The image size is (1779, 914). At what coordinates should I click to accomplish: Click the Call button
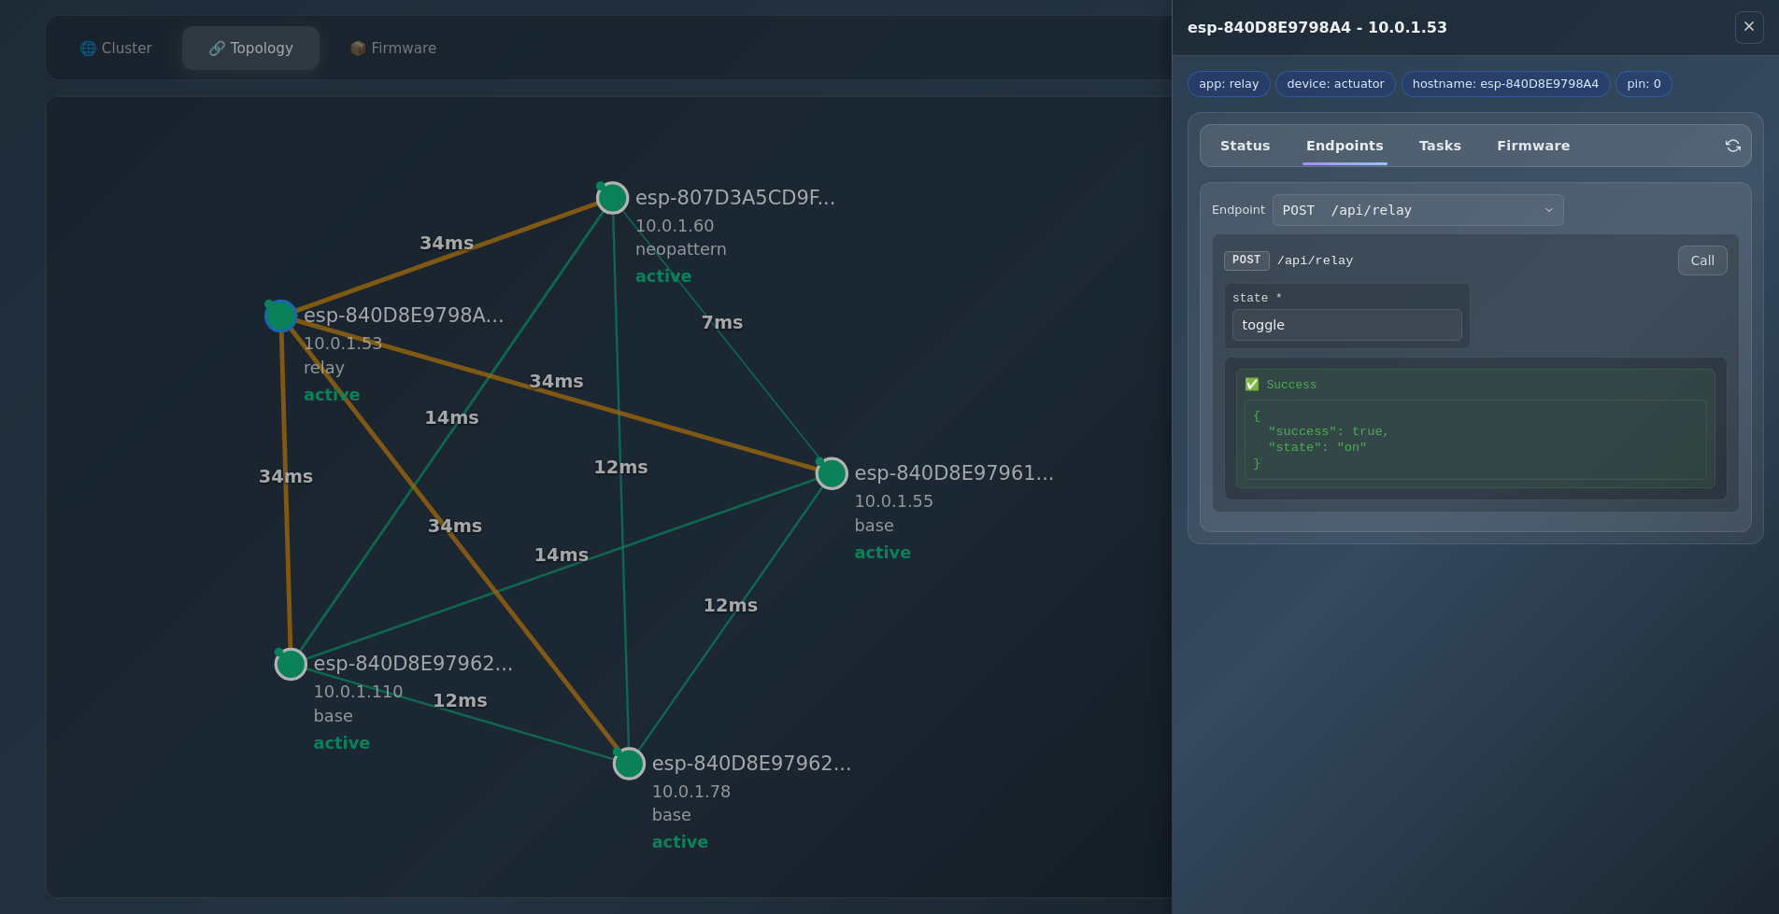point(1701,260)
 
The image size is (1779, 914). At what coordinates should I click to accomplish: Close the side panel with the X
point(1748,27)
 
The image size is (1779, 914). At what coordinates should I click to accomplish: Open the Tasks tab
point(1439,146)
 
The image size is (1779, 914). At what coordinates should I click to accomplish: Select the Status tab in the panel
point(1245,146)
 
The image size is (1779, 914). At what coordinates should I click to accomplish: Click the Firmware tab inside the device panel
point(1532,146)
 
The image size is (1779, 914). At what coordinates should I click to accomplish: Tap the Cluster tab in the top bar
point(116,48)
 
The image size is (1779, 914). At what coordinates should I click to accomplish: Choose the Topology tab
point(250,48)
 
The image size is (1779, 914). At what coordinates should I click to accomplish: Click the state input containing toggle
point(1345,325)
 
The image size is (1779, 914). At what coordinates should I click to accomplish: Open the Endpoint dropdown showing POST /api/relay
point(1416,210)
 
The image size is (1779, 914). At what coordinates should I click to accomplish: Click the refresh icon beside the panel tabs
point(1732,146)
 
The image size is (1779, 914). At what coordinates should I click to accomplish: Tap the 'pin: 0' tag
point(1643,84)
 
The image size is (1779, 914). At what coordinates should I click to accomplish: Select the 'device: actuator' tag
point(1334,84)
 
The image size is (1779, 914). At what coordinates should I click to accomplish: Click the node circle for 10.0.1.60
point(612,198)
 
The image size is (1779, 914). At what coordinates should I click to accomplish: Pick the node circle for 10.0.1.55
point(832,473)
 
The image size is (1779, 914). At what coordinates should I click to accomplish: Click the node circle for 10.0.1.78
point(629,764)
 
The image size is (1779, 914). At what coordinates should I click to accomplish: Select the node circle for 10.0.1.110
point(291,664)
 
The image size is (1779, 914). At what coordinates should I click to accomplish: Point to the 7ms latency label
point(721,322)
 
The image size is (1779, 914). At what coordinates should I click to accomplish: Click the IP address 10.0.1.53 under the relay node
point(343,344)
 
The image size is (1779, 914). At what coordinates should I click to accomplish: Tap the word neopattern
point(680,249)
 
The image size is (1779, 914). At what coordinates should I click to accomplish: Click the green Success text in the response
point(1290,385)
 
